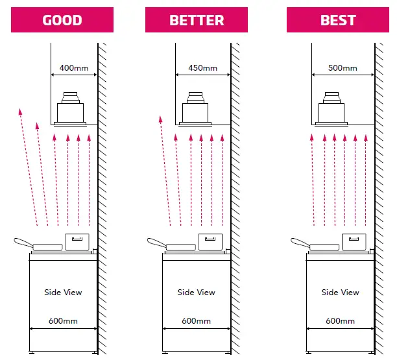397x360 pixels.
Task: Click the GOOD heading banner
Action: coord(62,20)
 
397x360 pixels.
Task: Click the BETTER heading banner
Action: coord(197,20)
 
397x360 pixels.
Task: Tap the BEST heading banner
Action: coord(338,20)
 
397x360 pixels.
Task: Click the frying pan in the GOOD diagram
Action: coord(40,245)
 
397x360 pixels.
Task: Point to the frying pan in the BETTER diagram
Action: coord(174,245)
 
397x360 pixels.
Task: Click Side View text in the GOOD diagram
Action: coord(63,293)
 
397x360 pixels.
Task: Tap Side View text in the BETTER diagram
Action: coord(197,293)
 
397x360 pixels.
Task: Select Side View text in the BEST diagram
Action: coord(340,293)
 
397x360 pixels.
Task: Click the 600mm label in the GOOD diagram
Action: coord(63,321)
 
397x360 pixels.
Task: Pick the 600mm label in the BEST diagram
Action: coord(340,321)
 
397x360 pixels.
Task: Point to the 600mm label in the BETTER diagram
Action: coord(197,321)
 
